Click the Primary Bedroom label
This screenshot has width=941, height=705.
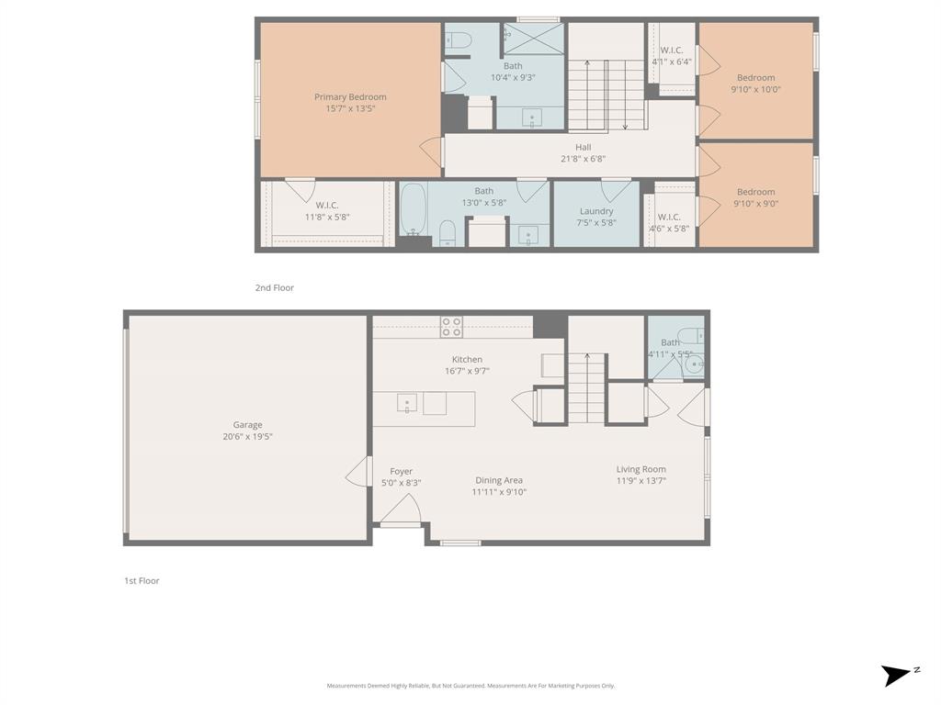[350, 97]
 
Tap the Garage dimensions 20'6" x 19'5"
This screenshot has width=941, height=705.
[247, 437]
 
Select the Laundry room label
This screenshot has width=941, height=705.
[596, 211]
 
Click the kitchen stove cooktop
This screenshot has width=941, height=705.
[451, 326]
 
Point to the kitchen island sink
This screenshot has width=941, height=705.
[407, 403]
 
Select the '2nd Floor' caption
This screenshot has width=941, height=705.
[275, 288]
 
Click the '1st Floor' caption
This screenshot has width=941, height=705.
[142, 581]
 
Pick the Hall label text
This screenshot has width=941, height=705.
[584, 147]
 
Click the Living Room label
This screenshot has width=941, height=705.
[641, 469]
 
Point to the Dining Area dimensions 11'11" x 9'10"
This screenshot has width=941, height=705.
[499, 492]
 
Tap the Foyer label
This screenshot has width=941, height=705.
[401, 471]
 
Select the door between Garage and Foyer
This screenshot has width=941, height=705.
[358, 472]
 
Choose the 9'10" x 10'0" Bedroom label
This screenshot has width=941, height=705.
[755, 78]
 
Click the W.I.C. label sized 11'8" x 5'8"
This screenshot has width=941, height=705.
[327, 206]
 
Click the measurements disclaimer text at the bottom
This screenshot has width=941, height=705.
[470, 686]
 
